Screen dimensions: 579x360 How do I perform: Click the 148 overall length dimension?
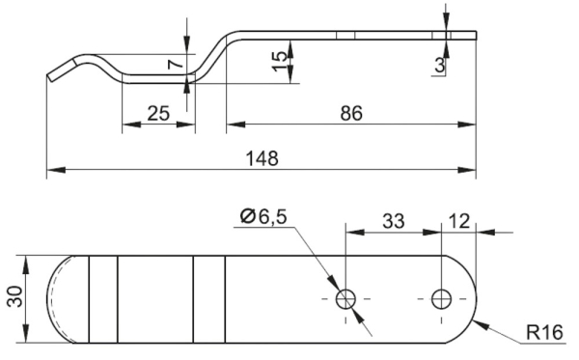262,158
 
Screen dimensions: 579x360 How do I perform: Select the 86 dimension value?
351,113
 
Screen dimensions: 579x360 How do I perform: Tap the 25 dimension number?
158,113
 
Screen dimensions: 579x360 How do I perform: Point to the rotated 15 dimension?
280,62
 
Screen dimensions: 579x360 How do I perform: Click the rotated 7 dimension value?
176,64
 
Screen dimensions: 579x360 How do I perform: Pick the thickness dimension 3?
440,66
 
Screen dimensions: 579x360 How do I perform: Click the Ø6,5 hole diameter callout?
263,216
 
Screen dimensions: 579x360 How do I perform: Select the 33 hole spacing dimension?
394,222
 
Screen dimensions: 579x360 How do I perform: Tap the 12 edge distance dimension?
459,222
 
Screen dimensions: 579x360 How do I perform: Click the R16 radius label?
544,333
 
